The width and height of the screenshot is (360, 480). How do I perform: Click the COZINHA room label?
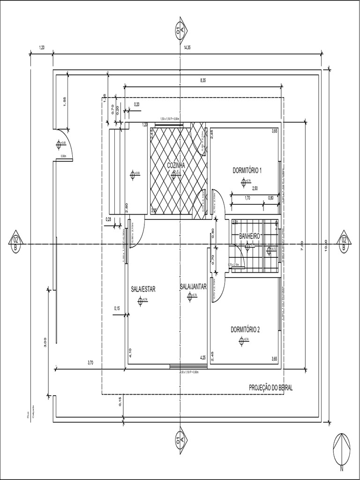pos(176,165)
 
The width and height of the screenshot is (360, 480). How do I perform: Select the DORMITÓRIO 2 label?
pos(245,330)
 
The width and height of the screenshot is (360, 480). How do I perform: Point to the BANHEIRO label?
pos(249,236)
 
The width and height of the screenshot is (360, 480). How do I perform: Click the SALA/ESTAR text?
pos(143,289)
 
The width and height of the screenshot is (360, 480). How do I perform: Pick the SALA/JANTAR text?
pos(193,286)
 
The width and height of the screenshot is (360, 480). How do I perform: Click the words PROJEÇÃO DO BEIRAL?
pos(270,388)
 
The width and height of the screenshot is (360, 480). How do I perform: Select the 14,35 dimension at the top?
pos(187,47)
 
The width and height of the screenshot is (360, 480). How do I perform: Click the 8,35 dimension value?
pos(203,81)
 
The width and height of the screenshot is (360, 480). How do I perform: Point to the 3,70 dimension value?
pos(90,362)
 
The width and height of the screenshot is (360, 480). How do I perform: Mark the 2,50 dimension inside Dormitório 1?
pos(255,188)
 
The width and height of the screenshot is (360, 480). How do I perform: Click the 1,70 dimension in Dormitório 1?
pos(247,198)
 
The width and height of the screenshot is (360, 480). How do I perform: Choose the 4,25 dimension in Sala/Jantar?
pos(203,358)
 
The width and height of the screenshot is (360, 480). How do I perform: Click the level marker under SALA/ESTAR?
pos(140,301)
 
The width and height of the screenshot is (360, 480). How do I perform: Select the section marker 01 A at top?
pos(180,31)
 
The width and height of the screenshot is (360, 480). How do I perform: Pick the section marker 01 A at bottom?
pos(180,438)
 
